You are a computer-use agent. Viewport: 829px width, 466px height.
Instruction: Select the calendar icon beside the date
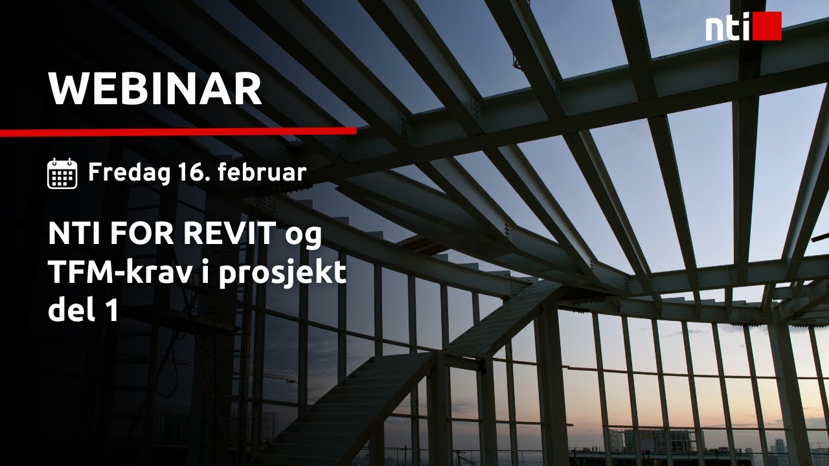point(62,173)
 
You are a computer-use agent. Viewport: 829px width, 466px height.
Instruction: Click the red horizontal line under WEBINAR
point(178,131)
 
